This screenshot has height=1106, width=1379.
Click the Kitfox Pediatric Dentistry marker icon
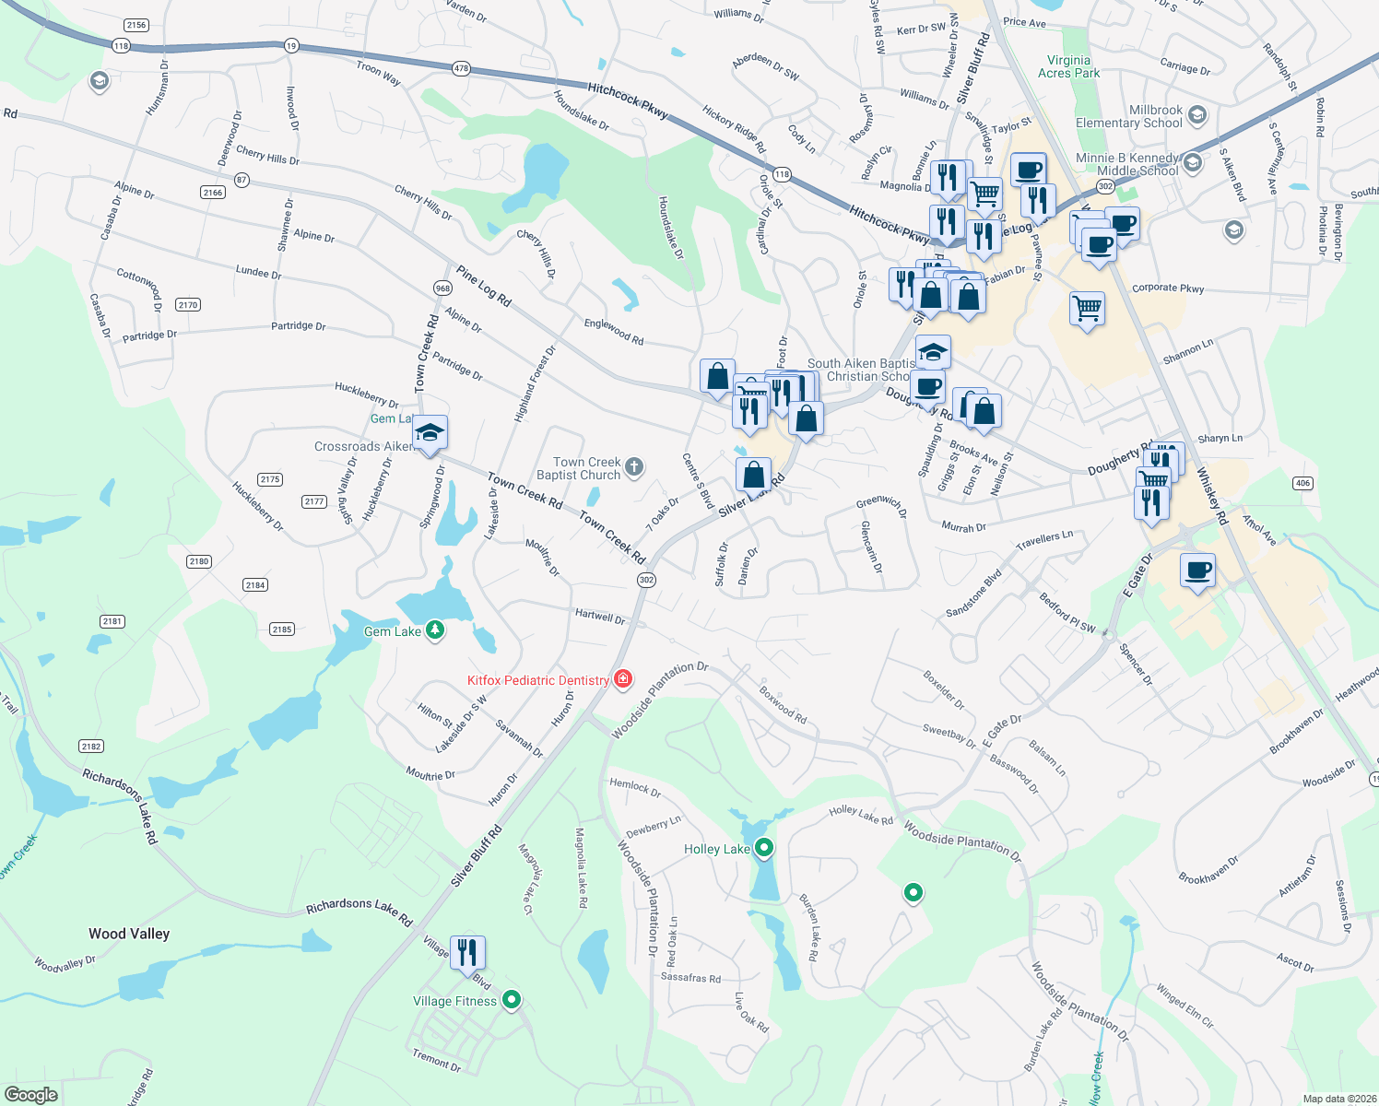[x=624, y=679]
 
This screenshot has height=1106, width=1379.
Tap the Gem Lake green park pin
[x=435, y=630]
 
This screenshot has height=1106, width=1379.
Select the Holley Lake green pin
[x=763, y=848]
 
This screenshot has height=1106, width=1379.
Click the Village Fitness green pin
[x=513, y=1000]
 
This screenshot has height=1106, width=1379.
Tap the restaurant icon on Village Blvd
[x=468, y=953]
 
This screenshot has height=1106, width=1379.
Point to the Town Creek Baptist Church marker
[x=634, y=466]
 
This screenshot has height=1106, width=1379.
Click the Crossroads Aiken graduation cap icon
[x=430, y=433]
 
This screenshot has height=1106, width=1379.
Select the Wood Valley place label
[x=129, y=934]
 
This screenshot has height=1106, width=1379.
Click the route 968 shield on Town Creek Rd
[x=442, y=288]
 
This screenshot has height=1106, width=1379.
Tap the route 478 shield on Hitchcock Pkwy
[x=462, y=68]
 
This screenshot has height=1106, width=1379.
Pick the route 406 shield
[x=1302, y=483]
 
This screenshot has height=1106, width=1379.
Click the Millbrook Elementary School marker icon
[x=1197, y=115]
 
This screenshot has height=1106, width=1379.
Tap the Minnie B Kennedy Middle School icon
[x=1192, y=163]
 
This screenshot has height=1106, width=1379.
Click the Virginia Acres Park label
[x=1068, y=66]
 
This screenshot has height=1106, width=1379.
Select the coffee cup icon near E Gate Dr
[x=1197, y=571]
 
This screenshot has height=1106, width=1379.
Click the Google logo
[x=31, y=1094]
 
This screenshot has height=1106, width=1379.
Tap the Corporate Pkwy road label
[x=1168, y=288]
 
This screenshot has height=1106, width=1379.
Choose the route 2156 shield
[x=136, y=25]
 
